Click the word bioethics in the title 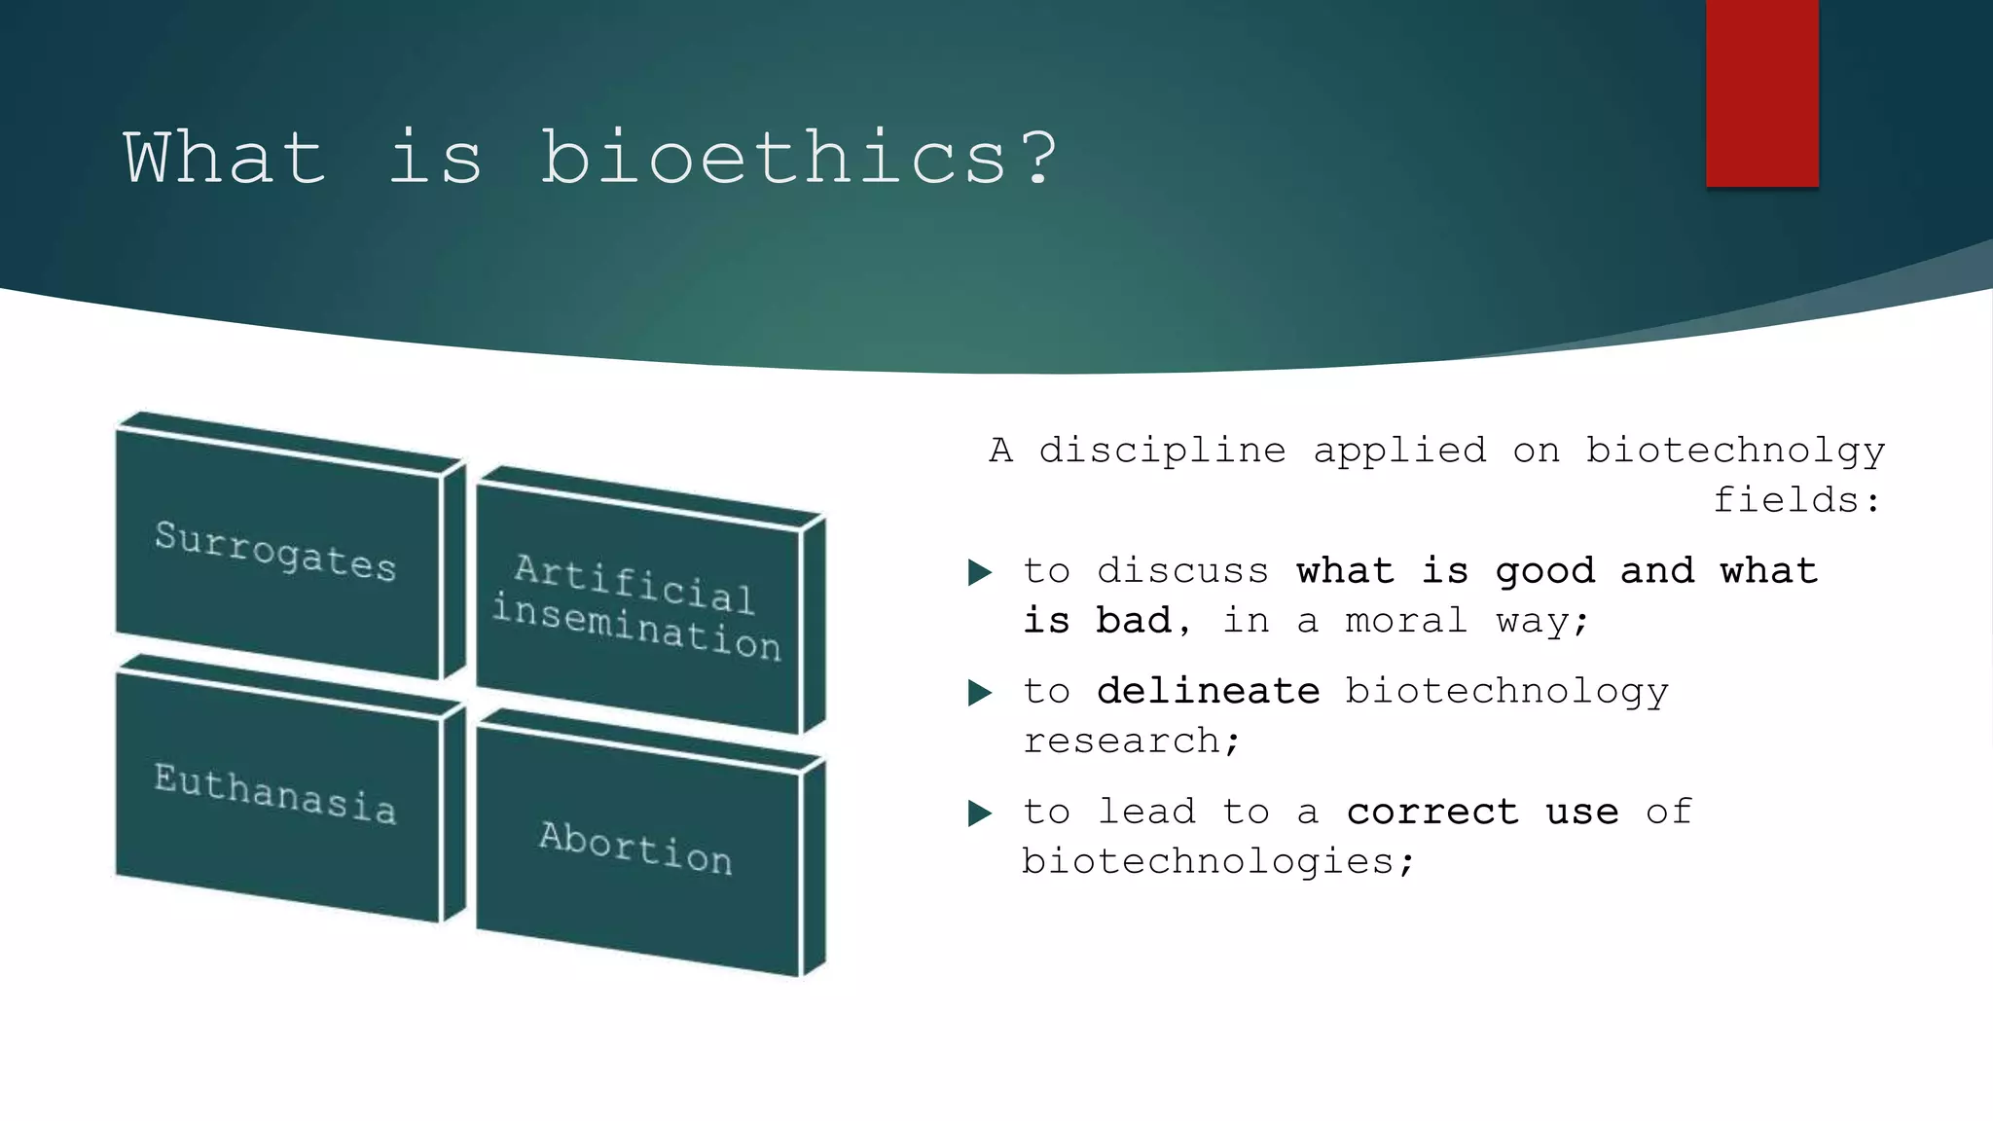point(774,158)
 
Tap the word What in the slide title point(224,158)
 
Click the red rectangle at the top point(1761,92)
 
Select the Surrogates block point(276,551)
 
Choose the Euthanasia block point(276,793)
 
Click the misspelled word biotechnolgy point(1735,451)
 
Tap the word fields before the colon point(1786,500)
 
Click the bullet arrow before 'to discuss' point(980,572)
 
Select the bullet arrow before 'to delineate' point(980,693)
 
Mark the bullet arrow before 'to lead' point(980,813)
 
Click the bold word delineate point(1208,691)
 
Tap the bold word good point(1544,571)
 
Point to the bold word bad point(1133,621)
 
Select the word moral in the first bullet point(1405,621)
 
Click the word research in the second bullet point(1121,741)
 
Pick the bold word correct point(1431,812)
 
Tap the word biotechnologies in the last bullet point(1207,862)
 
